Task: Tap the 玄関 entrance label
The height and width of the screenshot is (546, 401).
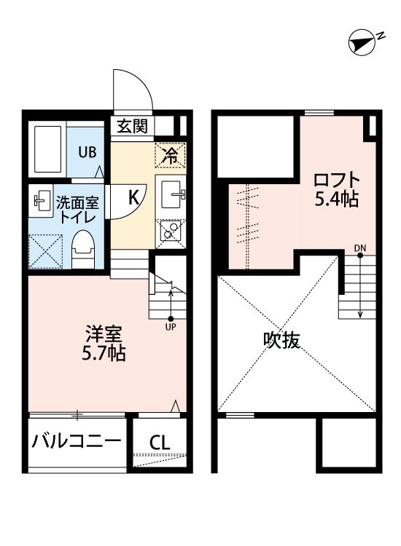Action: (x=132, y=126)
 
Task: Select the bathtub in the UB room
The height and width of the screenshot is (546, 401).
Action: (x=48, y=149)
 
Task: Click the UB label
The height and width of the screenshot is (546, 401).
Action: (x=87, y=152)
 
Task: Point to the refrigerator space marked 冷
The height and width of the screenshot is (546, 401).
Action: (x=170, y=155)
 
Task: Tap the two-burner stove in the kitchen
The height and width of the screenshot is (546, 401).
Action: (x=170, y=230)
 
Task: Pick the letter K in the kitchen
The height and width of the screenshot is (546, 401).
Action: (x=134, y=197)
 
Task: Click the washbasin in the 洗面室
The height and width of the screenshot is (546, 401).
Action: (x=41, y=201)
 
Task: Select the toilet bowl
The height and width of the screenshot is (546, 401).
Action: (x=83, y=249)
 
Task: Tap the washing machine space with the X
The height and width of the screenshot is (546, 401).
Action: (x=45, y=251)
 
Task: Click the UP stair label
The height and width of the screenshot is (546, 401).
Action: (x=171, y=327)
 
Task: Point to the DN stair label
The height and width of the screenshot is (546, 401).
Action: (x=360, y=248)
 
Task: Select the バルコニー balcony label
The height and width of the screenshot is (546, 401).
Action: (x=77, y=442)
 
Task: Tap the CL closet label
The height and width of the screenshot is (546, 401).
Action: (x=160, y=443)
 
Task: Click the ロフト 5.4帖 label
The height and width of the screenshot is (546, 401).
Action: (x=337, y=189)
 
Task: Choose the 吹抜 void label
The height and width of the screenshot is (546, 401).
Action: (x=281, y=340)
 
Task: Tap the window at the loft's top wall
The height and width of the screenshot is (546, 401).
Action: (x=319, y=113)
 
